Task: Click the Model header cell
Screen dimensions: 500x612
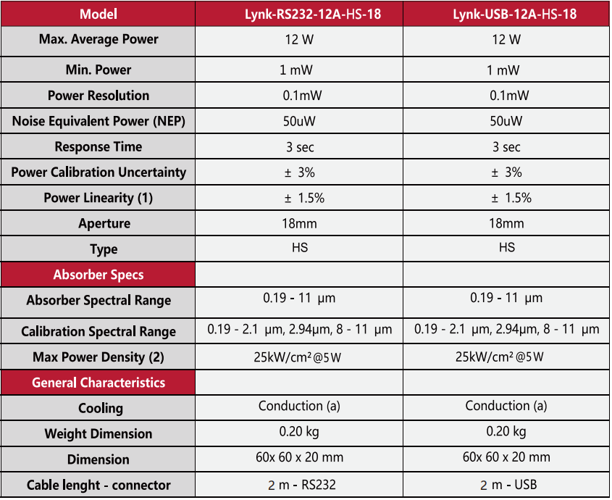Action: pyautogui.click(x=98, y=14)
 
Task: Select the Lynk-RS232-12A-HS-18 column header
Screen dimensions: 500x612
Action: pyautogui.click(x=299, y=14)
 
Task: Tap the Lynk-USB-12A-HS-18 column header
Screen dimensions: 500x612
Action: pyautogui.click(x=506, y=14)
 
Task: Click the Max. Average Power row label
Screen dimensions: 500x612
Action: pyautogui.click(x=98, y=39)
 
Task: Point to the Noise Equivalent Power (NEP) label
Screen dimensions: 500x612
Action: pyautogui.click(x=98, y=122)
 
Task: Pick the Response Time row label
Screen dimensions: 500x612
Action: pyautogui.click(x=98, y=147)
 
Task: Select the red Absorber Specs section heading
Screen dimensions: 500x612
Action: pyautogui.click(x=98, y=275)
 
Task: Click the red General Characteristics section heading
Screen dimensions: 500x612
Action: pyautogui.click(x=98, y=383)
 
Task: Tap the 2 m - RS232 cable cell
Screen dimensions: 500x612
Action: pyautogui.click(x=299, y=485)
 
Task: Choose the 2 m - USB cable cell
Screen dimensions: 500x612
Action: pyautogui.click(x=506, y=485)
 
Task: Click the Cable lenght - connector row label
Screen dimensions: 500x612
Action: pyautogui.click(x=98, y=485)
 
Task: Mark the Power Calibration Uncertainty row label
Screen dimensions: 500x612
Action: pyautogui.click(x=98, y=172)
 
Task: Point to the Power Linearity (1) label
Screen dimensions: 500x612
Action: pyautogui.click(x=98, y=198)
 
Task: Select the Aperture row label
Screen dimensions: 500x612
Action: pyautogui.click(x=98, y=223)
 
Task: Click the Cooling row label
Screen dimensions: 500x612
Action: pyautogui.click(x=98, y=408)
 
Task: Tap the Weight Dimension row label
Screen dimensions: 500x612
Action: pyautogui.click(x=98, y=434)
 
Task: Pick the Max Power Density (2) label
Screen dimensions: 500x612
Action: pyautogui.click(x=98, y=357)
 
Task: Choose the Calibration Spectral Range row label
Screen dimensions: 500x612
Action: pyautogui.click(x=98, y=332)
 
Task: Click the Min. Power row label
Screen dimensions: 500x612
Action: pyautogui.click(x=98, y=70)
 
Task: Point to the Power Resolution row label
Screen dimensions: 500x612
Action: pyautogui.click(x=98, y=96)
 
